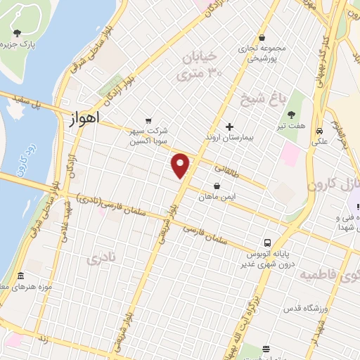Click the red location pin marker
tap(181, 166)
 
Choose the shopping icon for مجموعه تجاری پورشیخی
tap(262, 38)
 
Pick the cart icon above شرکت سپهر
tap(148, 120)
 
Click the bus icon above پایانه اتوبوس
tap(267, 241)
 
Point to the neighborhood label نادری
tap(98, 259)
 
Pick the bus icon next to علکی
tap(319, 131)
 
